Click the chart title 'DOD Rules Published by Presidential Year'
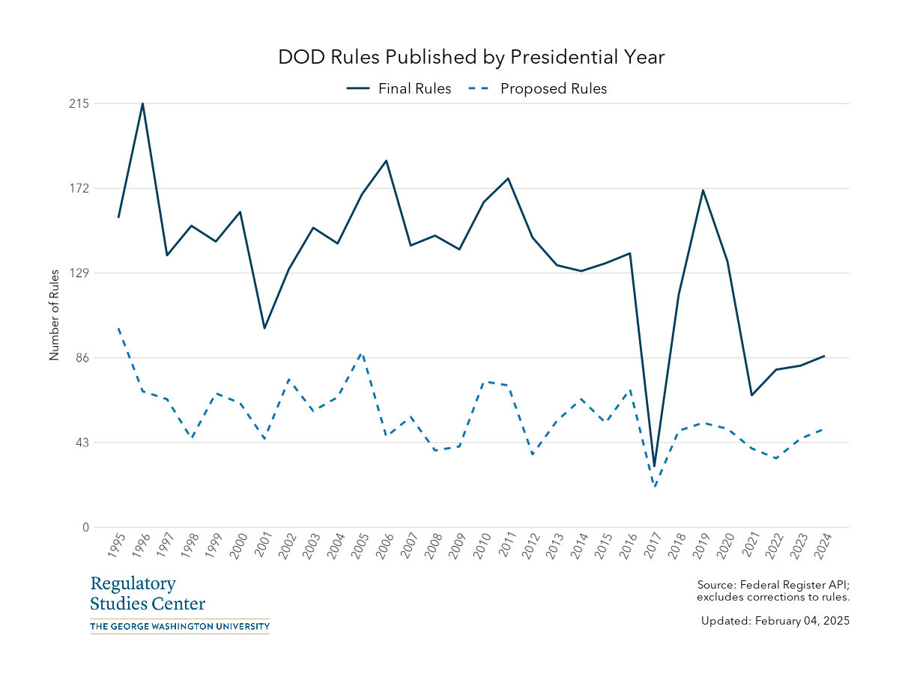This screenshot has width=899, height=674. click(471, 57)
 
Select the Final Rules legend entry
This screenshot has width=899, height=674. click(399, 88)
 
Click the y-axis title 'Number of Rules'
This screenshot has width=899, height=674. click(54, 315)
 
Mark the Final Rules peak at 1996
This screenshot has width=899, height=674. click(143, 103)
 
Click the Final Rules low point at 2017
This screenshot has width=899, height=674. click(654, 467)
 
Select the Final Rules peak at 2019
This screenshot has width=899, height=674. click(703, 190)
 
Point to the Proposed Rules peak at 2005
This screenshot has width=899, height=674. click(362, 353)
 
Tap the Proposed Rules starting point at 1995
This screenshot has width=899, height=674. click(118, 328)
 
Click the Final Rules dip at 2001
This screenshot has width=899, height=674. click(264, 328)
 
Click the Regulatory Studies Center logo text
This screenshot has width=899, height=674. click(148, 593)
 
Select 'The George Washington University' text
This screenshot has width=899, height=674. click(179, 626)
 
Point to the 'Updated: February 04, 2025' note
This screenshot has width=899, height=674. click(775, 621)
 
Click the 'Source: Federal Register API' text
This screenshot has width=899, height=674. click(772, 584)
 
